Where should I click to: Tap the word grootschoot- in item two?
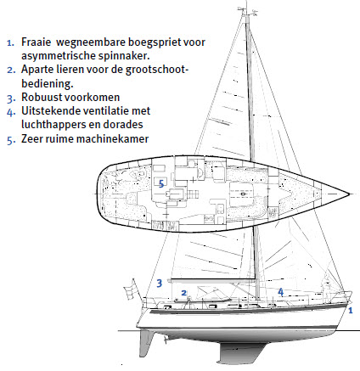tap(156, 70)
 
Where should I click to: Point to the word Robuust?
tap(42, 97)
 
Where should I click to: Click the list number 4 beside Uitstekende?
tap(11, 112)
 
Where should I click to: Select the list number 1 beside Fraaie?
tap(10, 43)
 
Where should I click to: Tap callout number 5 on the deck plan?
tap(161, 184)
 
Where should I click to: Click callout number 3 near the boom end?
tap(160, 283)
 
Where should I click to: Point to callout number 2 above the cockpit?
tap(184, 293)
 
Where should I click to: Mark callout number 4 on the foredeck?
tap(280, 292)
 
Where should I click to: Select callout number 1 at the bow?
tap(351, 311)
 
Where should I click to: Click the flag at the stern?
tap(131, 289)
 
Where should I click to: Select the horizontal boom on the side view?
tap(213, 280)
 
